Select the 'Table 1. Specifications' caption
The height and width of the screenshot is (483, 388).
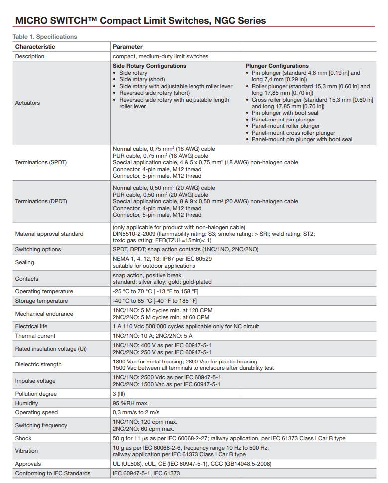45,37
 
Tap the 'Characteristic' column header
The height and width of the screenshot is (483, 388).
35,47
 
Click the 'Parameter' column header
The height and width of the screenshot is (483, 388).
127,47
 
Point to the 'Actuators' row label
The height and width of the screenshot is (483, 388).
27,103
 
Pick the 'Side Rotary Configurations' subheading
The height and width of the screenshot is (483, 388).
149,66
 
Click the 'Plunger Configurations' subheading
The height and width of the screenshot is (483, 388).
277,66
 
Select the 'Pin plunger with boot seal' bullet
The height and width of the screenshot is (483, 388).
285,113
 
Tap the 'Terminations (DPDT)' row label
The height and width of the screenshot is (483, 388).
41,202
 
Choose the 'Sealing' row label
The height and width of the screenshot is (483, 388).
24,262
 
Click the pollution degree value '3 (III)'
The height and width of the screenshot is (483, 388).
119,394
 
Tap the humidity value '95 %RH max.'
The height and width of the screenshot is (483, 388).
130,403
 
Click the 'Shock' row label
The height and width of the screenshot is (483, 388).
23,438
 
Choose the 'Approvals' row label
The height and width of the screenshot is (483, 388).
28,464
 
